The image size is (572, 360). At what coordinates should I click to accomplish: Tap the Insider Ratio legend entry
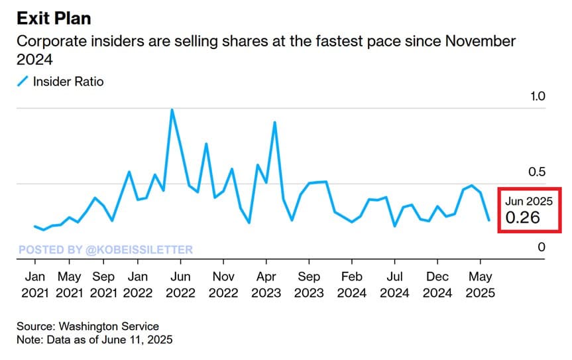click(x=68, y=82)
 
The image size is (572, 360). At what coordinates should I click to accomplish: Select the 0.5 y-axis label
click(x=536, y=172)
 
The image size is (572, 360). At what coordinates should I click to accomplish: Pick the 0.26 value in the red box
click(x=522, y=217)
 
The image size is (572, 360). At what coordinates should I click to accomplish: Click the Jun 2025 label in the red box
click(x=528, y=200)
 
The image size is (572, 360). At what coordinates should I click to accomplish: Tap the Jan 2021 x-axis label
click(x=35, y=284)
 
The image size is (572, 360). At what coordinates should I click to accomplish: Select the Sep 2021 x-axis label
click(x=103, y=284)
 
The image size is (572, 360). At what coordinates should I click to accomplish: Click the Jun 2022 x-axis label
click(x=180, y=284)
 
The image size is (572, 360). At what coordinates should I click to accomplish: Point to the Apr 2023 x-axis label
click(x=266, y=284)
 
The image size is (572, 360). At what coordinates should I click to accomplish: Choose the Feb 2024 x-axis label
click(x=351, y=284)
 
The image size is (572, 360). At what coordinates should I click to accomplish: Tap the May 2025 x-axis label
click(x=480, y=284)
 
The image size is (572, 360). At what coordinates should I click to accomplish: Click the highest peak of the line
click(x=172, y=110)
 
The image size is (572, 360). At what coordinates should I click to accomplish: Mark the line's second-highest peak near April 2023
click(x=274, y=123)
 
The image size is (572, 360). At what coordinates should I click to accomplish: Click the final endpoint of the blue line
click(x=489, y=220)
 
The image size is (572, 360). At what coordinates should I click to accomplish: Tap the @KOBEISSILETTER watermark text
click(x=139, y=250)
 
